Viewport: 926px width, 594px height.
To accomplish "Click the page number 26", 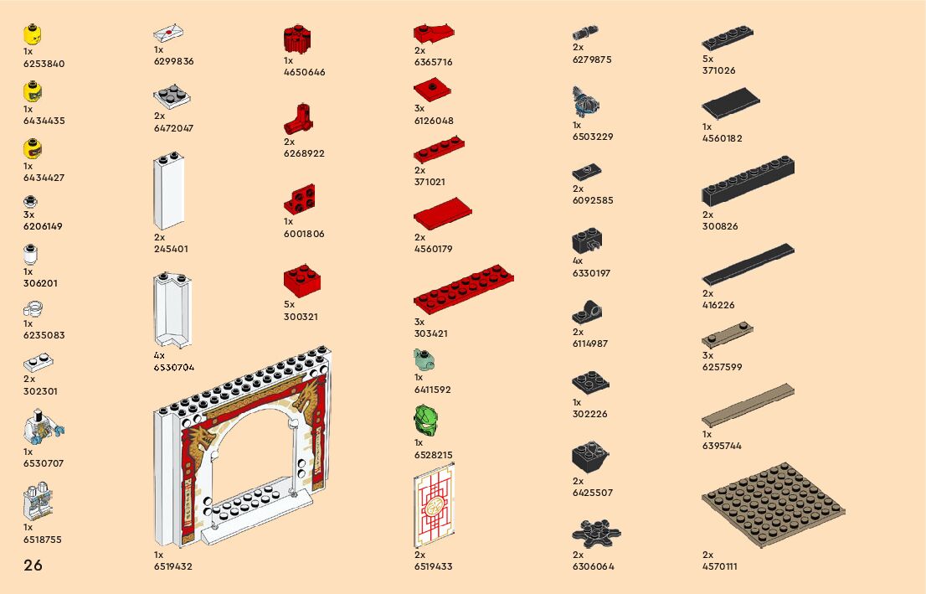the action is coord(33,566).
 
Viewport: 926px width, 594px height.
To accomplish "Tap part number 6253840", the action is coord(44,64).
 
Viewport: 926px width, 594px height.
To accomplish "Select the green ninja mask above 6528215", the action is coord(426,421).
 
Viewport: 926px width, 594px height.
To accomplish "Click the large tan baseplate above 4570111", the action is coord(773,505).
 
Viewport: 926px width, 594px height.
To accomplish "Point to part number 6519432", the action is coord(172,566).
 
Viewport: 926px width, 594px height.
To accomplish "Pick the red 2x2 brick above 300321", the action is coord(303,282).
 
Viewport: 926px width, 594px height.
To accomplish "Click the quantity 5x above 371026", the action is coord(707,59).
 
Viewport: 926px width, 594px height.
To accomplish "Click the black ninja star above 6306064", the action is coord(596,534).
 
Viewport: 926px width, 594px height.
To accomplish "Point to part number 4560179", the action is coord(433,249).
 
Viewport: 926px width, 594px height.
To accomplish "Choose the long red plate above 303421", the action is coord(463,289).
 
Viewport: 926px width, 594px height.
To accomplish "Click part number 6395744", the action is coord(722,446).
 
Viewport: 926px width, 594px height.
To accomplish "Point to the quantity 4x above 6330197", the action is coord(578,261).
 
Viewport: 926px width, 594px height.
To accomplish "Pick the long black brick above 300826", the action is coord(748,182).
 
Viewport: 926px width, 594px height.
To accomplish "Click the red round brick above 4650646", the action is coord(297,39).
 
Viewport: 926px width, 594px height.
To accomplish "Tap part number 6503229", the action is coord(593,137).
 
